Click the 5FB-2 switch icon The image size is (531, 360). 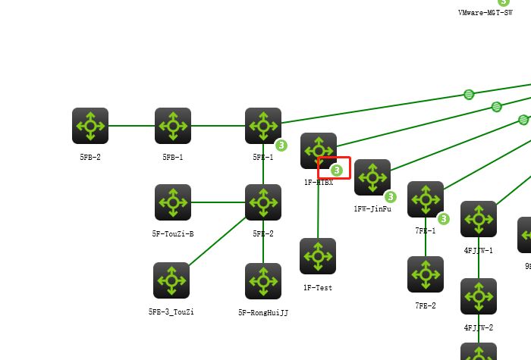pyautogui.click(x=90, y=126)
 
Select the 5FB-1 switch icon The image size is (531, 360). pyautogui.click(x=173, y=126)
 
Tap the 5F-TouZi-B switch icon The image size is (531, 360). pyautogui.click(x=173, y=202)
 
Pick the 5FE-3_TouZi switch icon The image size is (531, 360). pyautogui.click(x=171, y=280)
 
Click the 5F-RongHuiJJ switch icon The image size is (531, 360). pyautogui.click(x=263, y=281)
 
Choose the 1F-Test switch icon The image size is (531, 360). pyautogui.click(x=318, y=256)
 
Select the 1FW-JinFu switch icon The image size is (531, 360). pyautogui.click(x=372, y=177)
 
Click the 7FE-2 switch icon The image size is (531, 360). pyautogui.click(x=426, y=274)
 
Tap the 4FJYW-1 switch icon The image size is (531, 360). pyautogui.click(x=479, y=219)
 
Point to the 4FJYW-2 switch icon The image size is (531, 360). pyautogui.click(x=479, y=296)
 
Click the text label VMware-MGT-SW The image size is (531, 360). pyautogui.click(x=485, y=13)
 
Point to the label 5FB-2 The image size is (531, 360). pyautogui.click(x=90, y=157)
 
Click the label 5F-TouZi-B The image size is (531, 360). pyautogui.click(x=173, y=234)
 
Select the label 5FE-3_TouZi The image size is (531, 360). pyautogui.click(x=171, y=311)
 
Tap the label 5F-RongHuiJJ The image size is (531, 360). pyautogui.click(x=263, y=312)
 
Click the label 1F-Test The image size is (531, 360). pyautogui.click(x=318, y=288)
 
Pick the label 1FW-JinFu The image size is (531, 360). pyautogui.click(x=372, y=208)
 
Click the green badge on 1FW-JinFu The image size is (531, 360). pyautogui.click(x=390, y=197)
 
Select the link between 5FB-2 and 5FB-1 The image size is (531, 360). pyautogui.click(x=131, y=126)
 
